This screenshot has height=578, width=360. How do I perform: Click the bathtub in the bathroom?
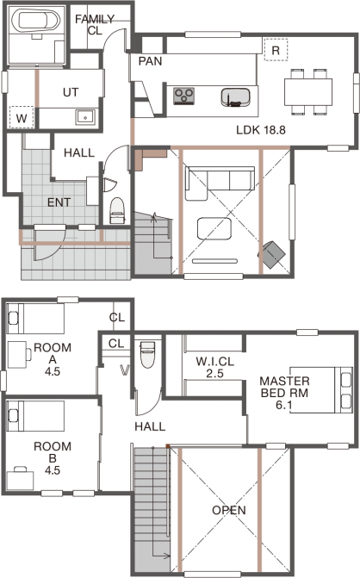coord(36,21)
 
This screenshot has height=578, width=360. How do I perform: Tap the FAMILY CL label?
coord(95,24)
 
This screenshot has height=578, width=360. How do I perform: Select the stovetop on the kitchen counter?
coord(183,96)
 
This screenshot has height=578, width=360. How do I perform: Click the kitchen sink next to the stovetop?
coord(236,97)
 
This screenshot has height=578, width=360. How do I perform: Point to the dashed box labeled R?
coord(276,49)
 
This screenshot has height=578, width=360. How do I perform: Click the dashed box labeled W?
coord(22,118)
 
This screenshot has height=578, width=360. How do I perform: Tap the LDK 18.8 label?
coord(260,130)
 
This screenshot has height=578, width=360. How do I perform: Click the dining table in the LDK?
coord(308,92)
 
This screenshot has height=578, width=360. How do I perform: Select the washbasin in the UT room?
coord(85,118)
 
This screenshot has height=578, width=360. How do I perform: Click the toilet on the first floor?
coord(117,210)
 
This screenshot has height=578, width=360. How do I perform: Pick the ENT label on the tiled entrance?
coord(59,202)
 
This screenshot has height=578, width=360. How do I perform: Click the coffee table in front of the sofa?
coord(214,229)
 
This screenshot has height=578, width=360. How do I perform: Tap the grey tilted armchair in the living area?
coord(273,254)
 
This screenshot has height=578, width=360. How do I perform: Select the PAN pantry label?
coord(150,61)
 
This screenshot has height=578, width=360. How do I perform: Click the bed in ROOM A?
coord(36,319)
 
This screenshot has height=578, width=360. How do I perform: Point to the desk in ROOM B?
coord(21,481)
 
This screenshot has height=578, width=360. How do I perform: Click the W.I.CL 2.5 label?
coord(214,367)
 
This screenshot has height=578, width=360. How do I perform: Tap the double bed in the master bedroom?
coord(321,389)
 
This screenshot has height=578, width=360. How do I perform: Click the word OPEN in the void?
coord(229,510)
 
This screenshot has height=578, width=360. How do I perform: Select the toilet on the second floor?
coord(147,354)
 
